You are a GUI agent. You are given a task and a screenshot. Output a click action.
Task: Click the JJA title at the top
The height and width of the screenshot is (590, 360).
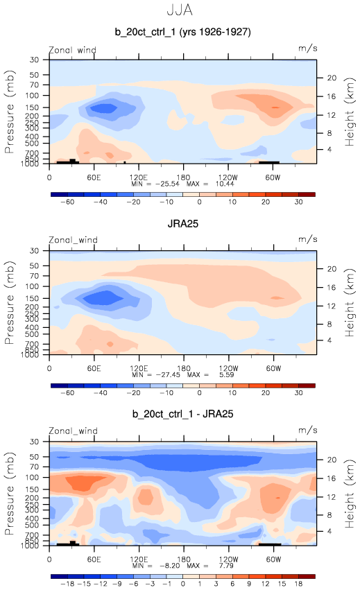[x=180, y=10]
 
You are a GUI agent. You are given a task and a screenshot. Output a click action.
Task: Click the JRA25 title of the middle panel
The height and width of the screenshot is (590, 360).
[x=182, y=224]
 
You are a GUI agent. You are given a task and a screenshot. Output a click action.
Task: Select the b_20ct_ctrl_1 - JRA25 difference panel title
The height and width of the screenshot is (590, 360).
[x=182, y=414]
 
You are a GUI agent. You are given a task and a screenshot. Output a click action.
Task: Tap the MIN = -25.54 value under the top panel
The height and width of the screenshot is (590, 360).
[x=155, y=184]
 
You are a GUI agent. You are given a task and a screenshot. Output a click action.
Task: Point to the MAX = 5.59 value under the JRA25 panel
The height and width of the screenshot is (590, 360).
[x=211, y=374]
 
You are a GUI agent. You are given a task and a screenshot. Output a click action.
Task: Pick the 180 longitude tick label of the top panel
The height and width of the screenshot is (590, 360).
[x=183, y=177]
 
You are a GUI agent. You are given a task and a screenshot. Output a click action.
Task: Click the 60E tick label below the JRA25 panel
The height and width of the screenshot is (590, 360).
[x=94, y=368]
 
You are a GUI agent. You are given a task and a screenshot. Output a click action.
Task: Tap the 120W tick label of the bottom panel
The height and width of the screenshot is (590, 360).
[x=228, y=559]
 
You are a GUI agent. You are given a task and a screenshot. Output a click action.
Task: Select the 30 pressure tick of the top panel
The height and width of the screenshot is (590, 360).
[x=34, y=60]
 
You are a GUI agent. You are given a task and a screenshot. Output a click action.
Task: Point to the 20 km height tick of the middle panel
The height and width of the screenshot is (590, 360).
[x=332, y=269]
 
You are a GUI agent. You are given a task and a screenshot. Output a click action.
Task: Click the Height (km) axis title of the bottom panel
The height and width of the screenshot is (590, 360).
[x=350, y=494]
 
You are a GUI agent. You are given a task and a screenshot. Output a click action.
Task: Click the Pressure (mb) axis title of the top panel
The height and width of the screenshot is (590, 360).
[x=10, y=112]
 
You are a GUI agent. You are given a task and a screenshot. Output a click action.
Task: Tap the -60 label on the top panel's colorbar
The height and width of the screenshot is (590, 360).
[x=67, y=202]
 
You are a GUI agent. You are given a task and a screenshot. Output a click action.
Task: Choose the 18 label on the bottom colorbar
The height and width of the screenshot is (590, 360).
[x=298, y=584]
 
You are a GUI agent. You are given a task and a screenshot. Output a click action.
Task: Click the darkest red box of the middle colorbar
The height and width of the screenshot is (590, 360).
[x=307, y=385]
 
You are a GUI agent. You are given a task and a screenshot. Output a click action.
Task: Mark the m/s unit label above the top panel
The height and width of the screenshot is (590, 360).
[x=308, y=49]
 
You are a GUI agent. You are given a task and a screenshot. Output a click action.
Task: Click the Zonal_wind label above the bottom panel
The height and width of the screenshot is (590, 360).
[x=73, y=431]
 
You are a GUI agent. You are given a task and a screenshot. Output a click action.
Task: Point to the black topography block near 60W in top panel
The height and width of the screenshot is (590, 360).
[x=269, y=162]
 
